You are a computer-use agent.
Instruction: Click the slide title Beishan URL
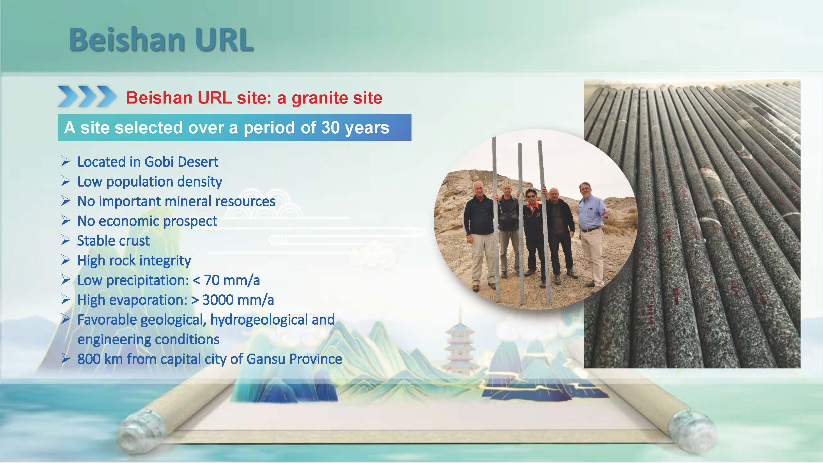tap(161, 40)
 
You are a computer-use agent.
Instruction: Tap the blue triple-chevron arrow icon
tap(87, 96)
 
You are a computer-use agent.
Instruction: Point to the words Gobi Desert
tap(181, 162)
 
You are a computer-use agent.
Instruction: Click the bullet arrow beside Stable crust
tap(65, 240)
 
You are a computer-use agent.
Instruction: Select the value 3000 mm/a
tap(238, 300)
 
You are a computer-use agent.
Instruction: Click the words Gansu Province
tap(294, 359)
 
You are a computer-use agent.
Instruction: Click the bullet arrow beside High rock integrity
tap(65, 260)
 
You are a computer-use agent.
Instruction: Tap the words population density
tap(164, 182)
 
